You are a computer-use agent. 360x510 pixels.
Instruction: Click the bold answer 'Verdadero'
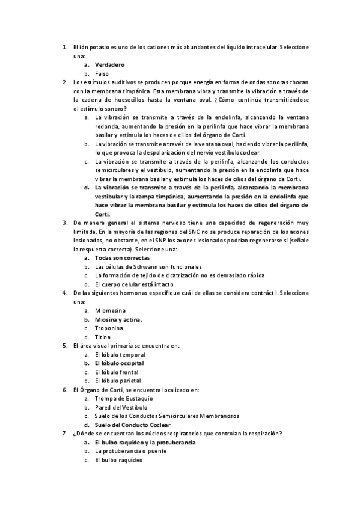109,64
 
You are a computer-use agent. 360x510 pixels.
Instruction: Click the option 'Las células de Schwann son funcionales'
148,266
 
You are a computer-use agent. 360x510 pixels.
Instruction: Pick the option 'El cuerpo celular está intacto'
134,284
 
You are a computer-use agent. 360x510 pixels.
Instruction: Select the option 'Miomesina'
110,310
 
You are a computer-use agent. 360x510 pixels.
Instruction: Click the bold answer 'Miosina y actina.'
118,319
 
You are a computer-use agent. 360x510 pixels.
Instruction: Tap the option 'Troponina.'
110,328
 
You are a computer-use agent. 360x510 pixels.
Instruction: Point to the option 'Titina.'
103,337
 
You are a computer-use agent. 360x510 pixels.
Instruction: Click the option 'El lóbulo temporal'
120,355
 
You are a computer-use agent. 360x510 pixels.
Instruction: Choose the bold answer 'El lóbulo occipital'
119,363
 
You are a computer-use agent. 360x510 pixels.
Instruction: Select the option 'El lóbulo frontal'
117,372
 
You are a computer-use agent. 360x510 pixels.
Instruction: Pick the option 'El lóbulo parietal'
118,381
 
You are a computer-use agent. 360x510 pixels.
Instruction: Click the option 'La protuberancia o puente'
130,451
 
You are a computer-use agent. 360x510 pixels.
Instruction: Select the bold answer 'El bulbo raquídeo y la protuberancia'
144,443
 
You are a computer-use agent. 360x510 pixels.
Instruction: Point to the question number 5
64,346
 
